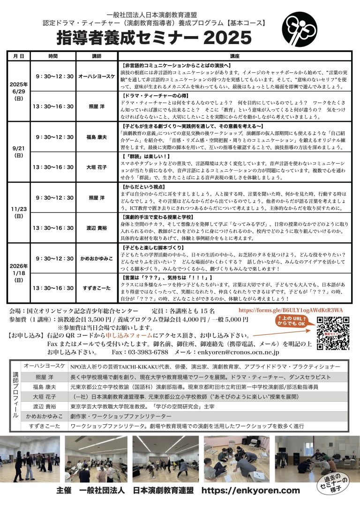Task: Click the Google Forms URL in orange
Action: point(291,310)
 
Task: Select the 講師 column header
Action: point(97,56)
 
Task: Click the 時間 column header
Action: point(53,56)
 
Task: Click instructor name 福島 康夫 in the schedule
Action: point(97,137)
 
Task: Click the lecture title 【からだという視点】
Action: point(141,186)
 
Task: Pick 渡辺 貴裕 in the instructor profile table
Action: point(44,406)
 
